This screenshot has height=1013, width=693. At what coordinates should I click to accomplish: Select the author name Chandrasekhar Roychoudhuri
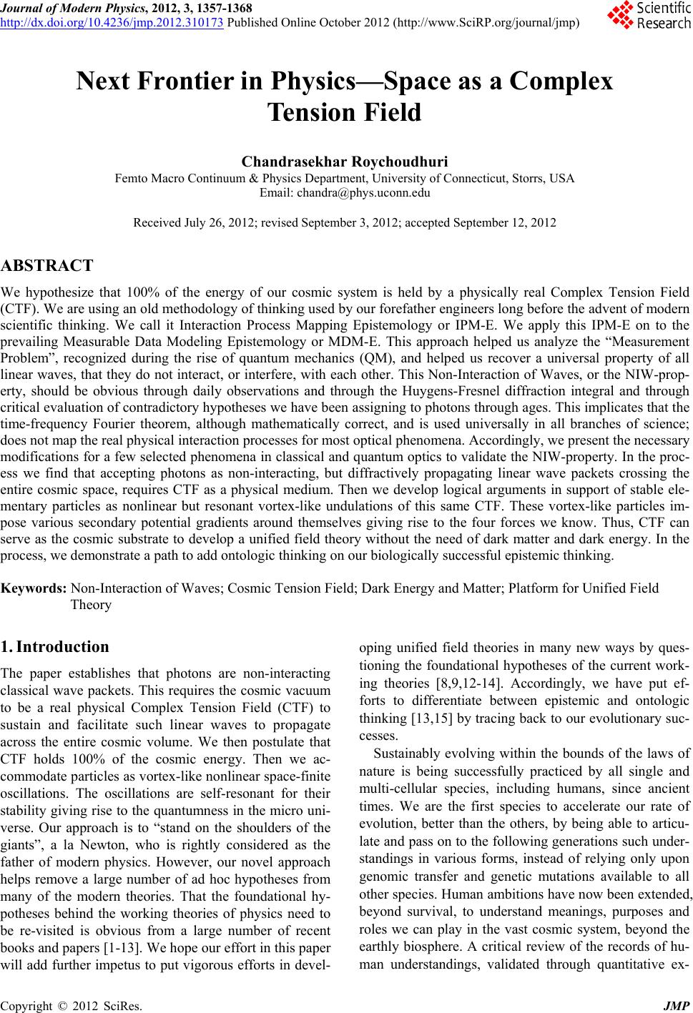(345, 162)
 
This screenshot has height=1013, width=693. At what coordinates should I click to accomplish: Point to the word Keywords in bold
(34, 588)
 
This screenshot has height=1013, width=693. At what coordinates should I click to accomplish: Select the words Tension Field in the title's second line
(345, 113)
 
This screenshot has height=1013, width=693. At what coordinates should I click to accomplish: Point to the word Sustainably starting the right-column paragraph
(412, 753)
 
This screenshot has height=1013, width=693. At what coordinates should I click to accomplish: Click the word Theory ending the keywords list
(91, 605)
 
